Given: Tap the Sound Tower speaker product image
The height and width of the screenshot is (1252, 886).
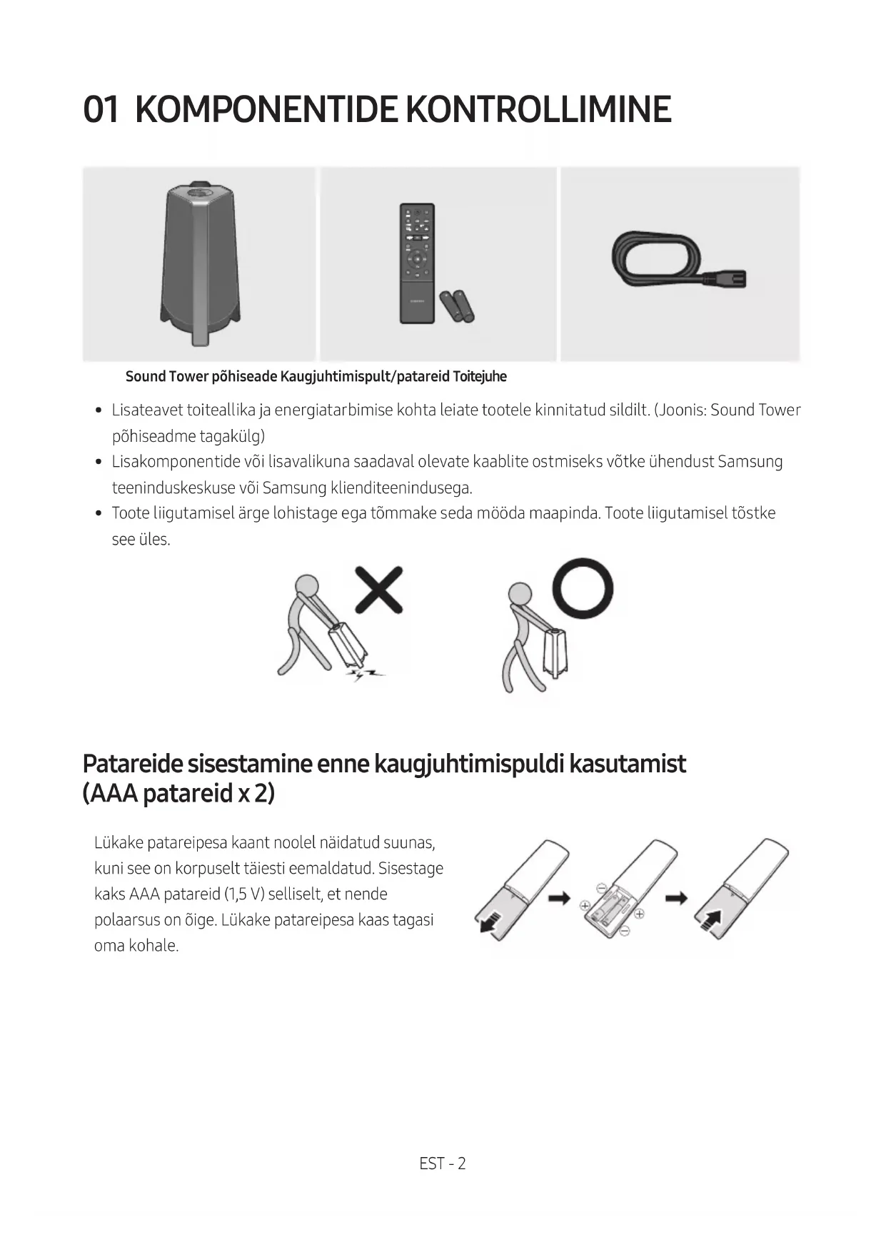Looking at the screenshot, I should click(199, 262).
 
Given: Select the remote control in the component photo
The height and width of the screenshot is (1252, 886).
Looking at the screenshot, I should click(417, 262).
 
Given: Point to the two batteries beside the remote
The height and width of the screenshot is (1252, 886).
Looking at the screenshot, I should click(457, 306).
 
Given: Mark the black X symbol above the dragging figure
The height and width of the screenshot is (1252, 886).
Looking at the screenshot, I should click(378, 589).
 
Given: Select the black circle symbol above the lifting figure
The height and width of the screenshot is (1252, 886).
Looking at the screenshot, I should click(583, 587).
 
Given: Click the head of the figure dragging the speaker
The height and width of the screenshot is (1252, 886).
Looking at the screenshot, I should click(308, 587).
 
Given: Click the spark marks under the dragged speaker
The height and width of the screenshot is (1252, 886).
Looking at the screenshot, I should click(364, 674).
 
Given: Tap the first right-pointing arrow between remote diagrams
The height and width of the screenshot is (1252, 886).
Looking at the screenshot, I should click(559, 898).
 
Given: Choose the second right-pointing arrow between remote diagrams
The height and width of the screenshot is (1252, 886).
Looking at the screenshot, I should click(676, 898).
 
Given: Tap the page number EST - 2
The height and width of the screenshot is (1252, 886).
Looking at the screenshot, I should click(443, 1163).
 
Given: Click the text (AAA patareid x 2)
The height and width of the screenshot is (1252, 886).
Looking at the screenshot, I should click(178, 793).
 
